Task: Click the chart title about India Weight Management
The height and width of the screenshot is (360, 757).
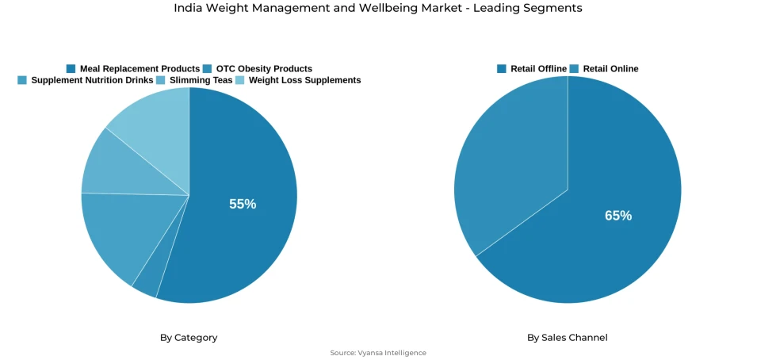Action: point(378,8)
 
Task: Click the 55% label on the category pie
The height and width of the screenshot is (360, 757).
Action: point(243,204)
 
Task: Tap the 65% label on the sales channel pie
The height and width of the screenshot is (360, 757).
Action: point(618,216)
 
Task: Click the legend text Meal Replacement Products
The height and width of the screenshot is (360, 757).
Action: point(140,69)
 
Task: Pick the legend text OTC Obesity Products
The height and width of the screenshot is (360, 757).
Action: point(264,69)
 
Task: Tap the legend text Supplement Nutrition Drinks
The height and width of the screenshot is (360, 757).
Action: point(92,80)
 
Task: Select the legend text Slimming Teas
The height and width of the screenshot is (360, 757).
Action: point(201,80)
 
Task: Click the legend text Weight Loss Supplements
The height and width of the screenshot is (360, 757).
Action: point(304,80)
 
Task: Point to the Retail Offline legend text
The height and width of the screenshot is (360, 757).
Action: point(538,69)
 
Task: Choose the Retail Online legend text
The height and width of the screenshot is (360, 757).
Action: point(610,69)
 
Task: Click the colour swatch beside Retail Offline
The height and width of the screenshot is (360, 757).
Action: point(502,69)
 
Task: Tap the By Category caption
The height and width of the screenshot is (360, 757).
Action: point(189,338)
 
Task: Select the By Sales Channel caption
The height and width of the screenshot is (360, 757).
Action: point(568,338)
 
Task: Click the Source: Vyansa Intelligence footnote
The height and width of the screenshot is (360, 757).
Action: point(378,353)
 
